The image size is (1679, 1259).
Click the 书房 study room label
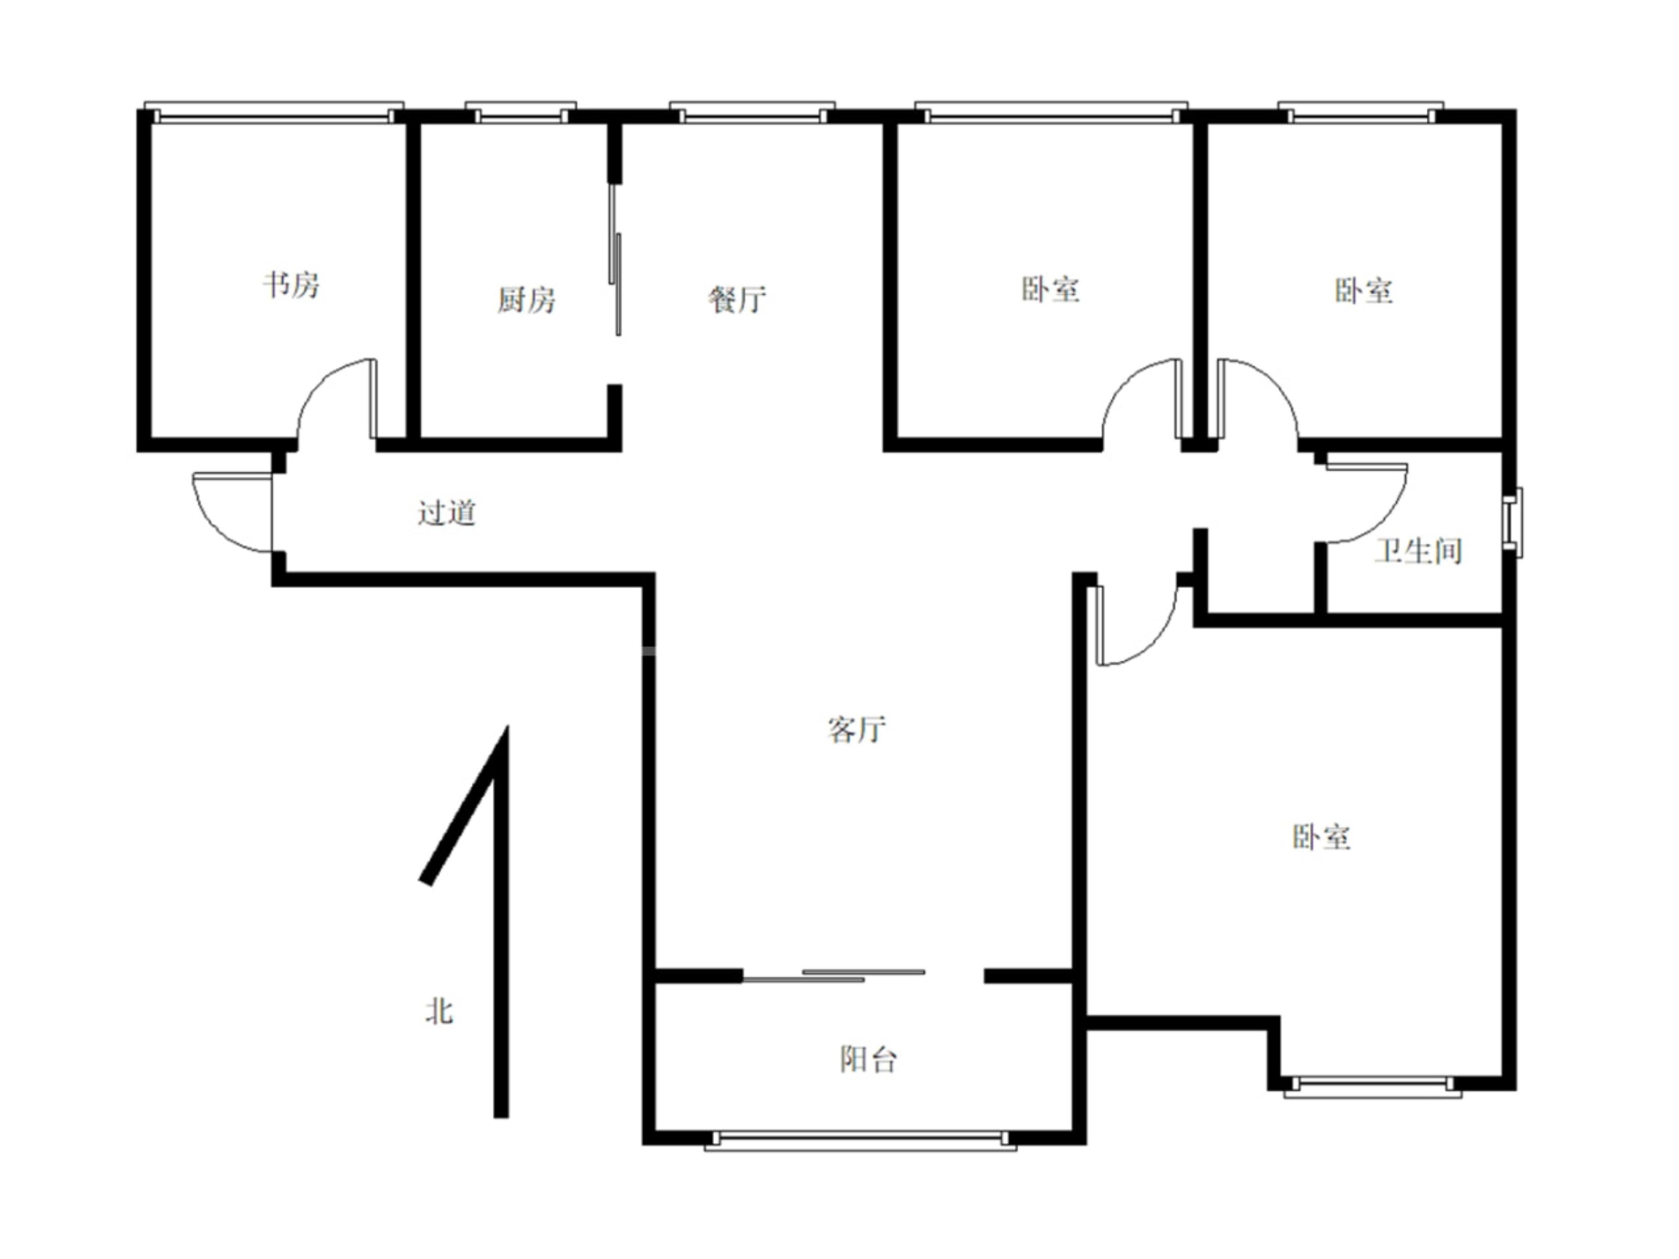click(291, 285)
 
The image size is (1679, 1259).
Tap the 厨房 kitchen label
click(526, 300)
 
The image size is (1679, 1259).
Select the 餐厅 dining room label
click(737, 299)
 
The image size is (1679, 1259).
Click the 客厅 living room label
click(856, 729)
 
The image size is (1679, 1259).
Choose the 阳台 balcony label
click(869, 1060)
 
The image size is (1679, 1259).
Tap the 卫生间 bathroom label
click(1418, 550)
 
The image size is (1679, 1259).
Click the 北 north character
click(439, 1012)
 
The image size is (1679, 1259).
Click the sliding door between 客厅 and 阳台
click(834, 975)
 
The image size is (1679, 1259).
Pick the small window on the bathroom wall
click(1513, 522)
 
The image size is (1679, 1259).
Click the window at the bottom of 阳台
click(861, 1140)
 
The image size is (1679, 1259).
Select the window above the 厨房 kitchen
click(521, 112)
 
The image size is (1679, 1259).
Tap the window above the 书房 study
click(274, 112)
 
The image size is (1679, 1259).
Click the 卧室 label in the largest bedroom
click(1321, 836)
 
